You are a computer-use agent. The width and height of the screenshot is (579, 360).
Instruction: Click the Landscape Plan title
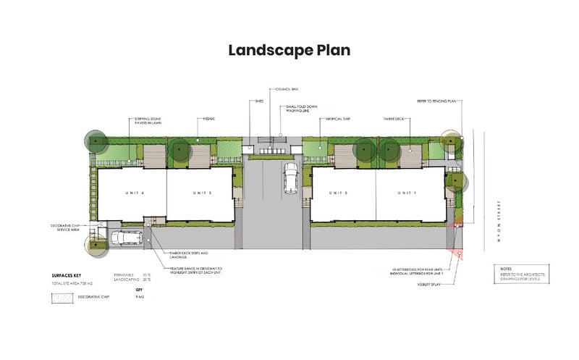[x=289, y=50]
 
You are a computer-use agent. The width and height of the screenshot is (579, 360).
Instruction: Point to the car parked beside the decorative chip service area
[x=126, y=238]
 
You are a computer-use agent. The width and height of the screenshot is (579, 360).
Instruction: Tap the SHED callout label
[x=259, y=102]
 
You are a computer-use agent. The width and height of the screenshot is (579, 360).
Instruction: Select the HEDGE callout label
[x=208, y=117]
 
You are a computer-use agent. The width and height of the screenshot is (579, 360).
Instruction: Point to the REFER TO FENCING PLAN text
[x=436, y=102]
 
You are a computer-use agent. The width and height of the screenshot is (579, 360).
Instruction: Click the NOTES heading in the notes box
[x=506, y=269]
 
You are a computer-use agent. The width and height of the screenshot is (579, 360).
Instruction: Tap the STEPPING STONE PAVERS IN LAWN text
[x=148, y=120]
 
